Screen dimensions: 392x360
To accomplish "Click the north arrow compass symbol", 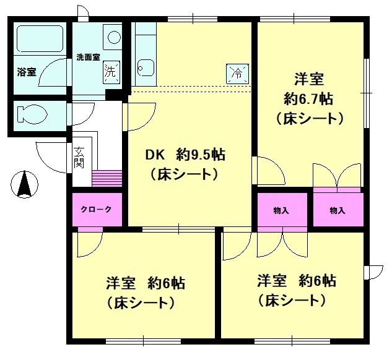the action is pos(25,184).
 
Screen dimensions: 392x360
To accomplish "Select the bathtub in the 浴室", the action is pos(40,39).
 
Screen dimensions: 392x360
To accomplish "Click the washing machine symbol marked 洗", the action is pos(111,72).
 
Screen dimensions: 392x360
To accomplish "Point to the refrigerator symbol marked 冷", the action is pos(237,74).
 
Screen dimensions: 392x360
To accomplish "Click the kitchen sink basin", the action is pos(146,68).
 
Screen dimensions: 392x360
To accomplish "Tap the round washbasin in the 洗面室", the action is pos(114,37).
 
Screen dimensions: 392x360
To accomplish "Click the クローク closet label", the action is pos(96,209).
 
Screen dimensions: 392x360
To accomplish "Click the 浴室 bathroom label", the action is pos(27,72).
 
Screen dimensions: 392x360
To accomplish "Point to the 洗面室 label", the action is pos(89,57).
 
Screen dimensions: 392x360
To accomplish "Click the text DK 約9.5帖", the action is pos(185,155).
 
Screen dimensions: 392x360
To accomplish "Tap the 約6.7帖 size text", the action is pos(308,99).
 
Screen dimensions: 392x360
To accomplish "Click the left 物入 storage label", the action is pos(281,211).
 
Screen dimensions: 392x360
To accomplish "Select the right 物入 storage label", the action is pos(338,211).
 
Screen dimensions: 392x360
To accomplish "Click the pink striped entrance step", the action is pos(107,178).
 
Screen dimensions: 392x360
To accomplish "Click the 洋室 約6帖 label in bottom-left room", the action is pos(146,283).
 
